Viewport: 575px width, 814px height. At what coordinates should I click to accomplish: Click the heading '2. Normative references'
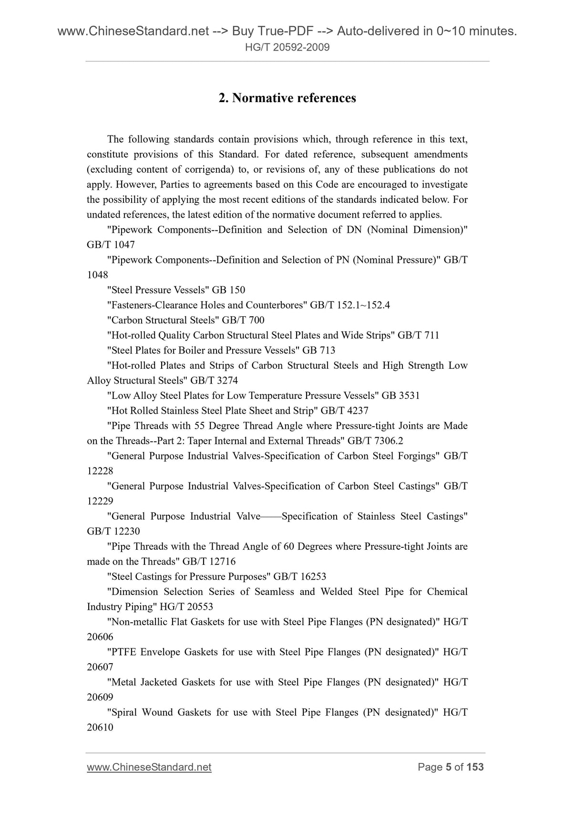(287, 98)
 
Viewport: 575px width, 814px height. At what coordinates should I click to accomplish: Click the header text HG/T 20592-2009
(287, 47)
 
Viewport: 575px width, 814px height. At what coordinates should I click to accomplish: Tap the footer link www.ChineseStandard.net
(149, 767)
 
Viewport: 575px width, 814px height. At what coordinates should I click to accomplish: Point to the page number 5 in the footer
(448, 767)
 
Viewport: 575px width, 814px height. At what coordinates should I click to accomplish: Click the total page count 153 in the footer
(475, 767)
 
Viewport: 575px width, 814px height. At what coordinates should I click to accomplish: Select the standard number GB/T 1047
(111, 245)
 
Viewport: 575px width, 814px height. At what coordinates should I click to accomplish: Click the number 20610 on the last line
(100, 728)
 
